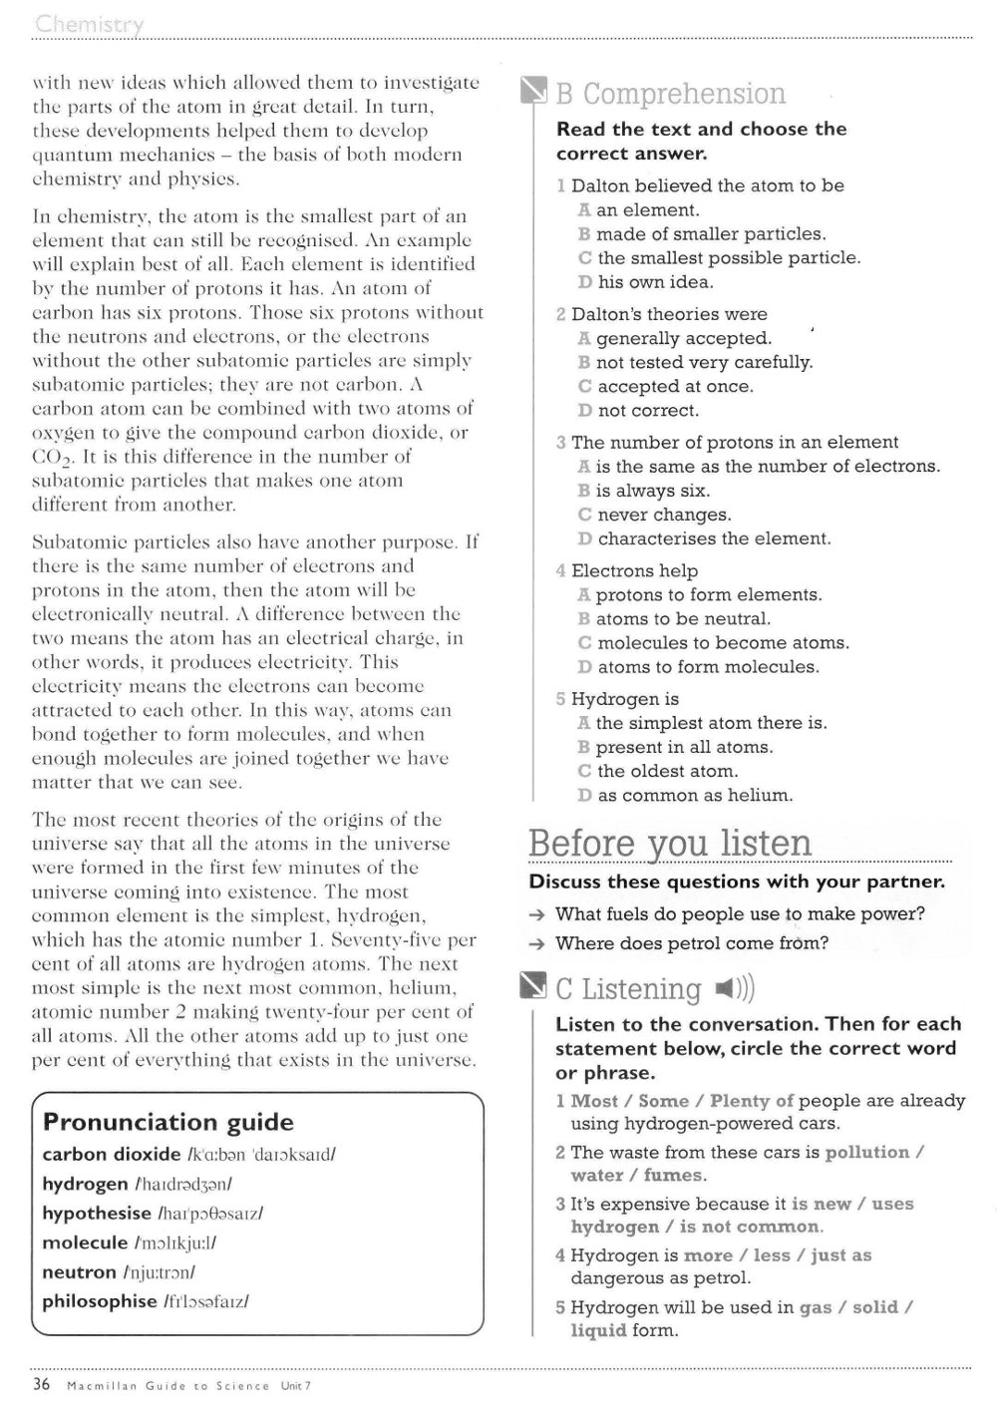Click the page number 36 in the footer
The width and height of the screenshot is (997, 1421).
pos(42,1384)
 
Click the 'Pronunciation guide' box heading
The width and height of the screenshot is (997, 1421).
pos(167,1122)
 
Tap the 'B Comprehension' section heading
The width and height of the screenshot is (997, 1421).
pos(670,94)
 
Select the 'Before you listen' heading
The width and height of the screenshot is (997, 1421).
pos(670,844)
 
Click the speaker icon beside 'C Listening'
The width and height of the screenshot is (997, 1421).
pos(735,989)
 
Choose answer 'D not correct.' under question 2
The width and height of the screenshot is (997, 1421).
pos(638,411)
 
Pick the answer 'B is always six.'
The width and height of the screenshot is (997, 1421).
pos(643,491)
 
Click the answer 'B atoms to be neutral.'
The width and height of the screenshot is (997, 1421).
pos(673,619)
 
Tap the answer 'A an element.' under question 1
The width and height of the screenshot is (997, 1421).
pos(638,210)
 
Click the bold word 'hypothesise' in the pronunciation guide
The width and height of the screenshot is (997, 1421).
pos(97,1214)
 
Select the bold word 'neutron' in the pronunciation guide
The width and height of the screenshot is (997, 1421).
pos(80,1272)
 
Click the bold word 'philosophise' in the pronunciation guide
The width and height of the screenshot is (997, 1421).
pos(100,1301)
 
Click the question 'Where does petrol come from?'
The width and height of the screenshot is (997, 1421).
pos(691,943)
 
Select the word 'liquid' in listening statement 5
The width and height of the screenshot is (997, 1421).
pos(598,1330)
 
